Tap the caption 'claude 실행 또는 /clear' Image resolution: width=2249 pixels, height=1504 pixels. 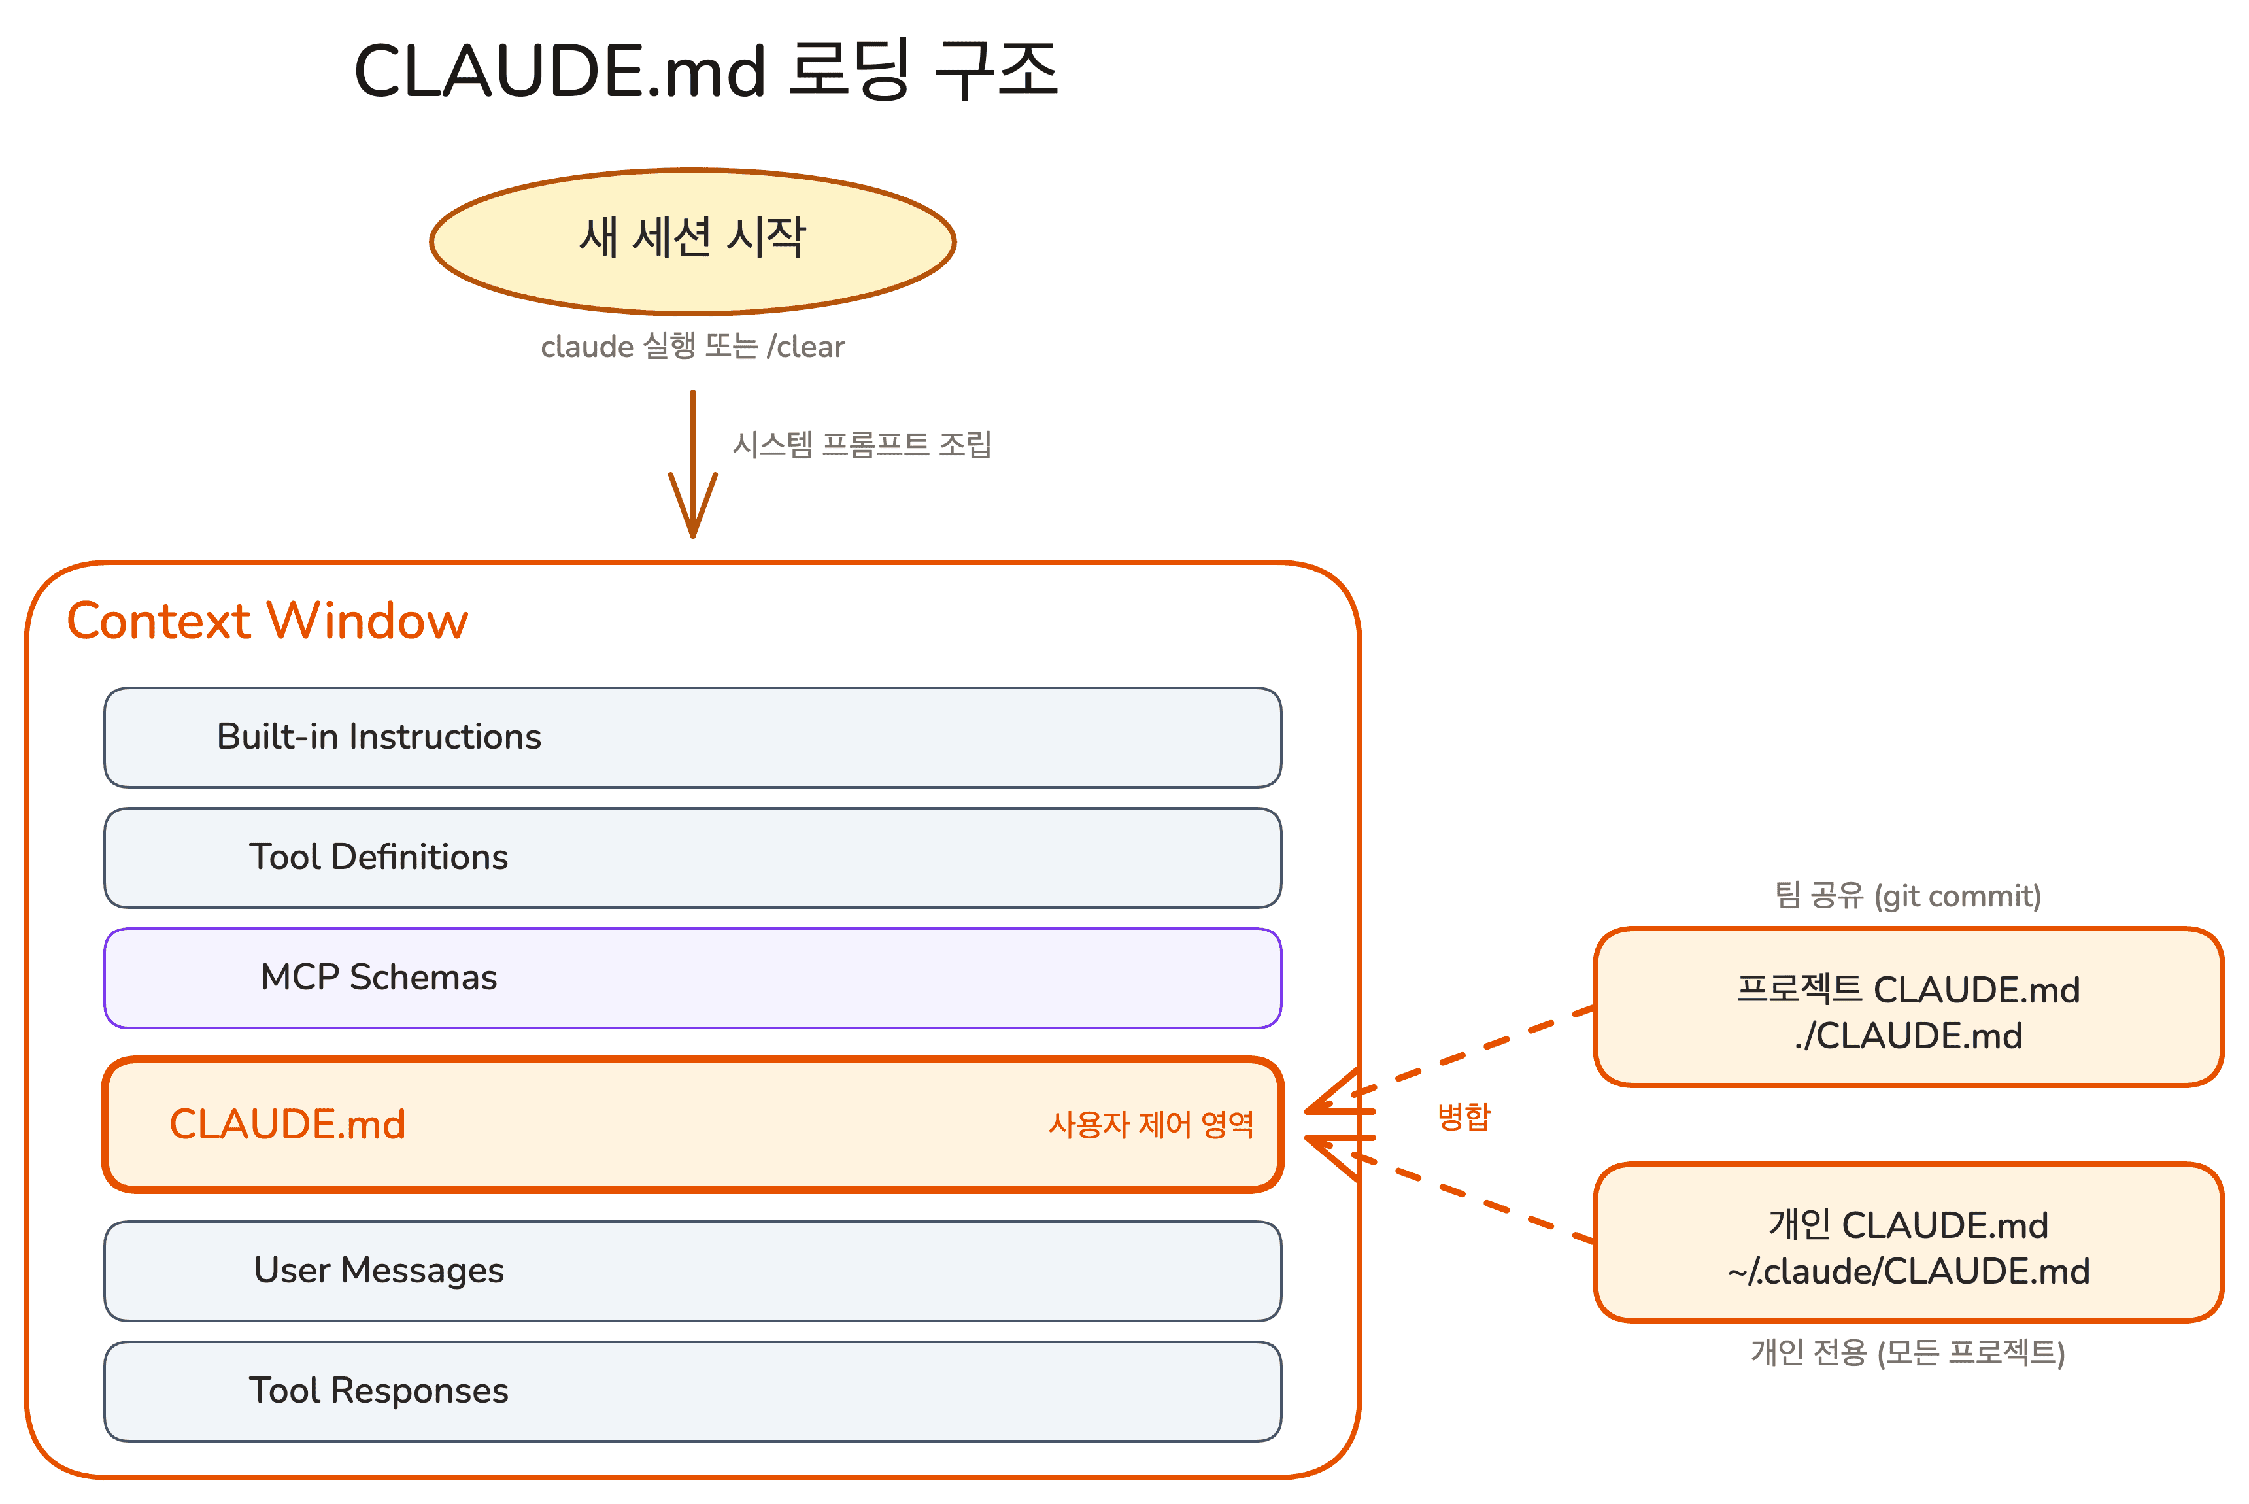[692, 347]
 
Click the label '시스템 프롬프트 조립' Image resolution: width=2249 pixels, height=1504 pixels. [861, 444]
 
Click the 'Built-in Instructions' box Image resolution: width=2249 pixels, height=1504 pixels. [692, 737]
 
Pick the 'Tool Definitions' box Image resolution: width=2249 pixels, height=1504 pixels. [692, 857]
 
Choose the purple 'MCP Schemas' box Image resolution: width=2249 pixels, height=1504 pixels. [692, 978]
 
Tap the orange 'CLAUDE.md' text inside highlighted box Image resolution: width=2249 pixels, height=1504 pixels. [287, 1124]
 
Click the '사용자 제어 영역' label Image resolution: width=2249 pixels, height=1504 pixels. [1150, 1124]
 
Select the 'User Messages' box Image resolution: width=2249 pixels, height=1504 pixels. [692, 1270]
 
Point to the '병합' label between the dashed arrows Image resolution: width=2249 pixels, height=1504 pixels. [1464, 1116]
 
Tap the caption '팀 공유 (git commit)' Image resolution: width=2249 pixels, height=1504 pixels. [1908, 896]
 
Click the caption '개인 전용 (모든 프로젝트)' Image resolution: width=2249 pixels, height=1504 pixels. [1908, 1352]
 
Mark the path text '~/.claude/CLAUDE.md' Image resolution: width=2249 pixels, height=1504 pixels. [1908, 1272]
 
